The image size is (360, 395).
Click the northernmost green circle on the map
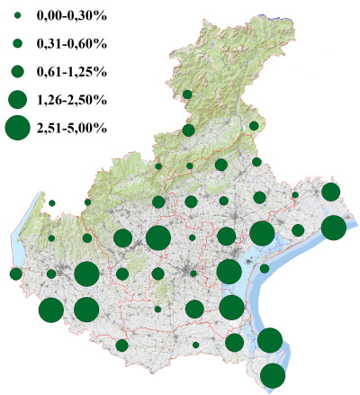187,94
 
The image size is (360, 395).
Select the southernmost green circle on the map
273,376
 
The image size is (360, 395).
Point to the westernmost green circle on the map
15,274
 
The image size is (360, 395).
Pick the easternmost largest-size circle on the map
334,228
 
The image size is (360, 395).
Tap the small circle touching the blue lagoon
265,268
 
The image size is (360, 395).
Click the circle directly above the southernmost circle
270,341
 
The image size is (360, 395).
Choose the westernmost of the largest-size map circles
51,310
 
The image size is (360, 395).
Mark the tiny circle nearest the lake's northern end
52,203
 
